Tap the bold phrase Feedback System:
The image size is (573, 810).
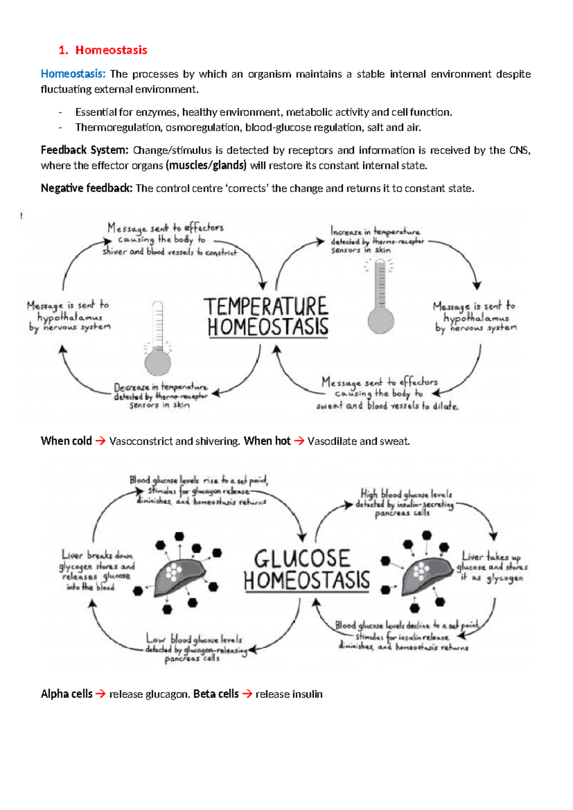click(x=85, y=150)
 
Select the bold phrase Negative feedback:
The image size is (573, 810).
click(x=86, y=188)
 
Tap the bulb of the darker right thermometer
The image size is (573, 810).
click(x=381, y=320)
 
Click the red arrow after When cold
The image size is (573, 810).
click(x=100, y=441)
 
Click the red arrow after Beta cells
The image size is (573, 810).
click(x=247, y=694)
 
